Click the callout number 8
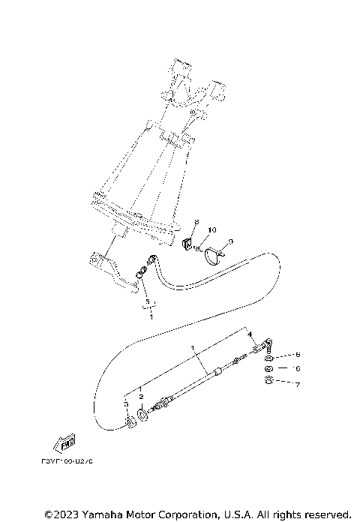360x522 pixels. coord(196,223)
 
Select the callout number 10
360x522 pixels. coord(211,229)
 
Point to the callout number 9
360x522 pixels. coord(231,241)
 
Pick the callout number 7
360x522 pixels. coord(297,384)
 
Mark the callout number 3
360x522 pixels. coord(126,404)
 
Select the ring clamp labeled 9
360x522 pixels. coord(213,253)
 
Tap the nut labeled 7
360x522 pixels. coord(268,382)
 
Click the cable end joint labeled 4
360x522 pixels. coord(265,347)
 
